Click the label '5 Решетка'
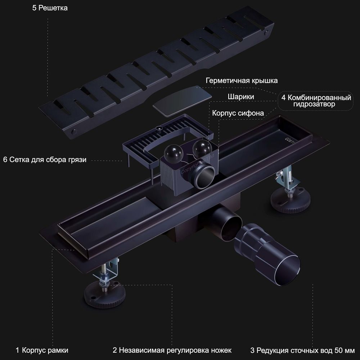50,8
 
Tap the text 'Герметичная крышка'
242,81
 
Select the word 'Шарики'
241,97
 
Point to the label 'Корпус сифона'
238,113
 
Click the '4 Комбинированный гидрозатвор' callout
317,101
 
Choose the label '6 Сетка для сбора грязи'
45,159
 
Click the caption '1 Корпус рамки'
42,350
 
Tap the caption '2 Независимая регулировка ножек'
172,350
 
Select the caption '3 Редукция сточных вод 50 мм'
302,350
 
